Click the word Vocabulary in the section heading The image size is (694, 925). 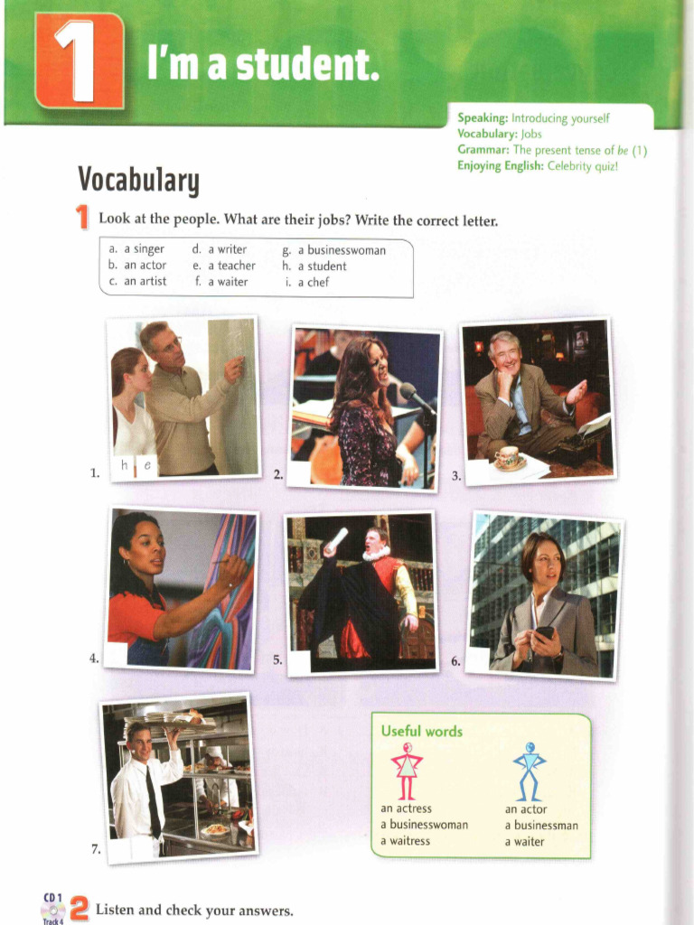[x=137, y=180]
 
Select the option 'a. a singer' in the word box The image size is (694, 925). [x=136, y=249]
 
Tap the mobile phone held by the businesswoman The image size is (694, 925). [x=544, y=632]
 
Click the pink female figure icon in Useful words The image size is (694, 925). [x=407, y=771]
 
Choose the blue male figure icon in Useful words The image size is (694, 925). [x=530, y=771]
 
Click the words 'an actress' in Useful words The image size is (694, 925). [x=406, y=809]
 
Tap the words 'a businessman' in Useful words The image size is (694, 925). [x=540, y=826]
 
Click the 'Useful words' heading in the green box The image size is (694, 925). [x=421, y=731]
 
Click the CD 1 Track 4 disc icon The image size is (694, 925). [x=52, y=909]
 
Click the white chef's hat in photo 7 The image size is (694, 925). [x=213, y=752]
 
